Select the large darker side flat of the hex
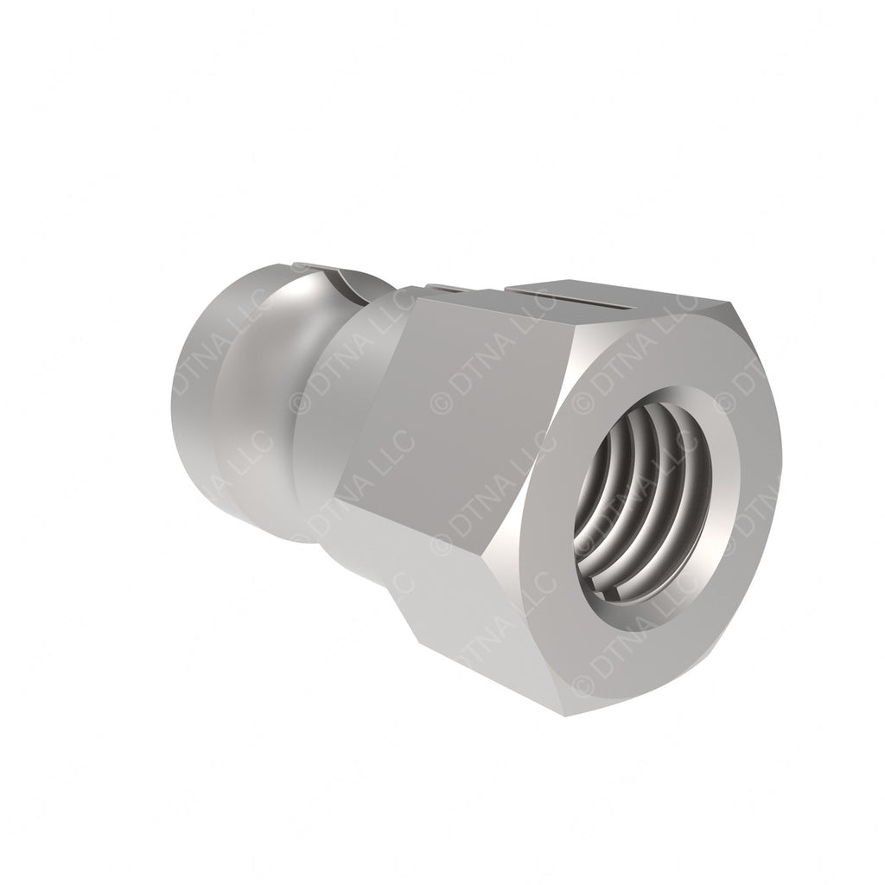pos(451,406)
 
